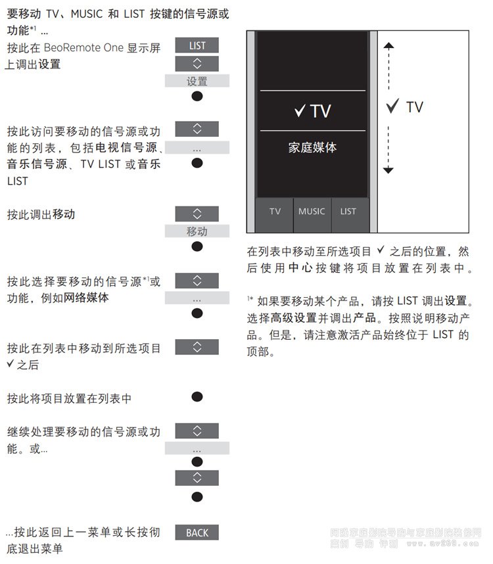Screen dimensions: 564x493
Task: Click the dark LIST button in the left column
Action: pyautogui.click(x=197, y=45)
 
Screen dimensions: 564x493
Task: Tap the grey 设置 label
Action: pyautogui.click(x=197, y=82)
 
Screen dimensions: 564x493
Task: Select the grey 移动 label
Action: pyautogui.click(x=197, y=231)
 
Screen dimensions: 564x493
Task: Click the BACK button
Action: pyautogui.click(x=197, y=532)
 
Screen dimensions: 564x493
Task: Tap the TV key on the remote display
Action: pyautogui.click(x=275, y=212)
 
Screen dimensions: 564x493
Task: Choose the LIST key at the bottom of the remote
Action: pyautogui.click(x=348, y=212)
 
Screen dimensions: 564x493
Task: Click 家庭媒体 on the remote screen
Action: pyautogui.click(x=312, y=148)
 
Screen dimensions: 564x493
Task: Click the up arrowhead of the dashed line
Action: pyautogui.click(x=388, y=47)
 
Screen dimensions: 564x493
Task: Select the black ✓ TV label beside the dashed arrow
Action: pyautogui.click(x=405, y=107)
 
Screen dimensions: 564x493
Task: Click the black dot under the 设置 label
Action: pyautogui.click(x=197, y=97)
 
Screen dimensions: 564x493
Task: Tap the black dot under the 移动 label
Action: pyautogui.click(x=197, y=247)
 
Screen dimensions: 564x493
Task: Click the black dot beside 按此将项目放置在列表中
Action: pyautogui.click(x=197, y=397)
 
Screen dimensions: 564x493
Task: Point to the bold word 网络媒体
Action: pyautogui.click(x=86, y=298)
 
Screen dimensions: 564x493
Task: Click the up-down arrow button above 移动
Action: pyautogui.click(x=197, y=214)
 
